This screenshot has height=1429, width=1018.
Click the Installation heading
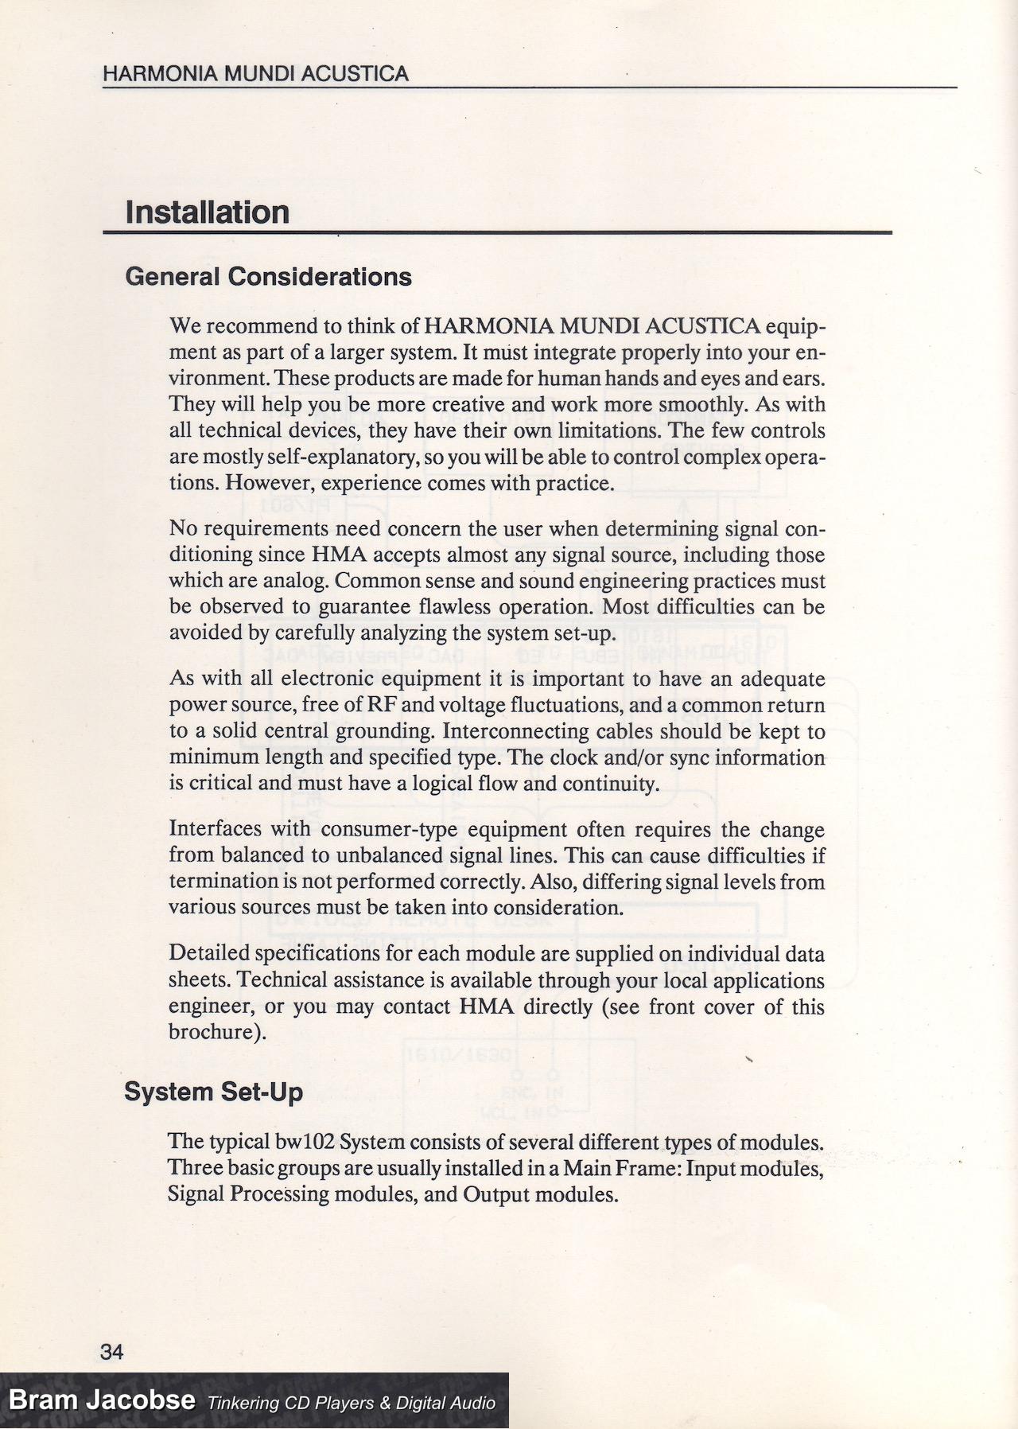point(208,212)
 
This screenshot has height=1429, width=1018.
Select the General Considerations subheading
point(269,277)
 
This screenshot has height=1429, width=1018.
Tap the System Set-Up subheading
point(213,1092)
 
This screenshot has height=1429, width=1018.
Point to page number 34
point(112,1351)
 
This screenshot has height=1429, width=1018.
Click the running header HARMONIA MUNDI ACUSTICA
point(255,74)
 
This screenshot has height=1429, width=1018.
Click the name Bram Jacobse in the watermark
point(102,1400)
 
